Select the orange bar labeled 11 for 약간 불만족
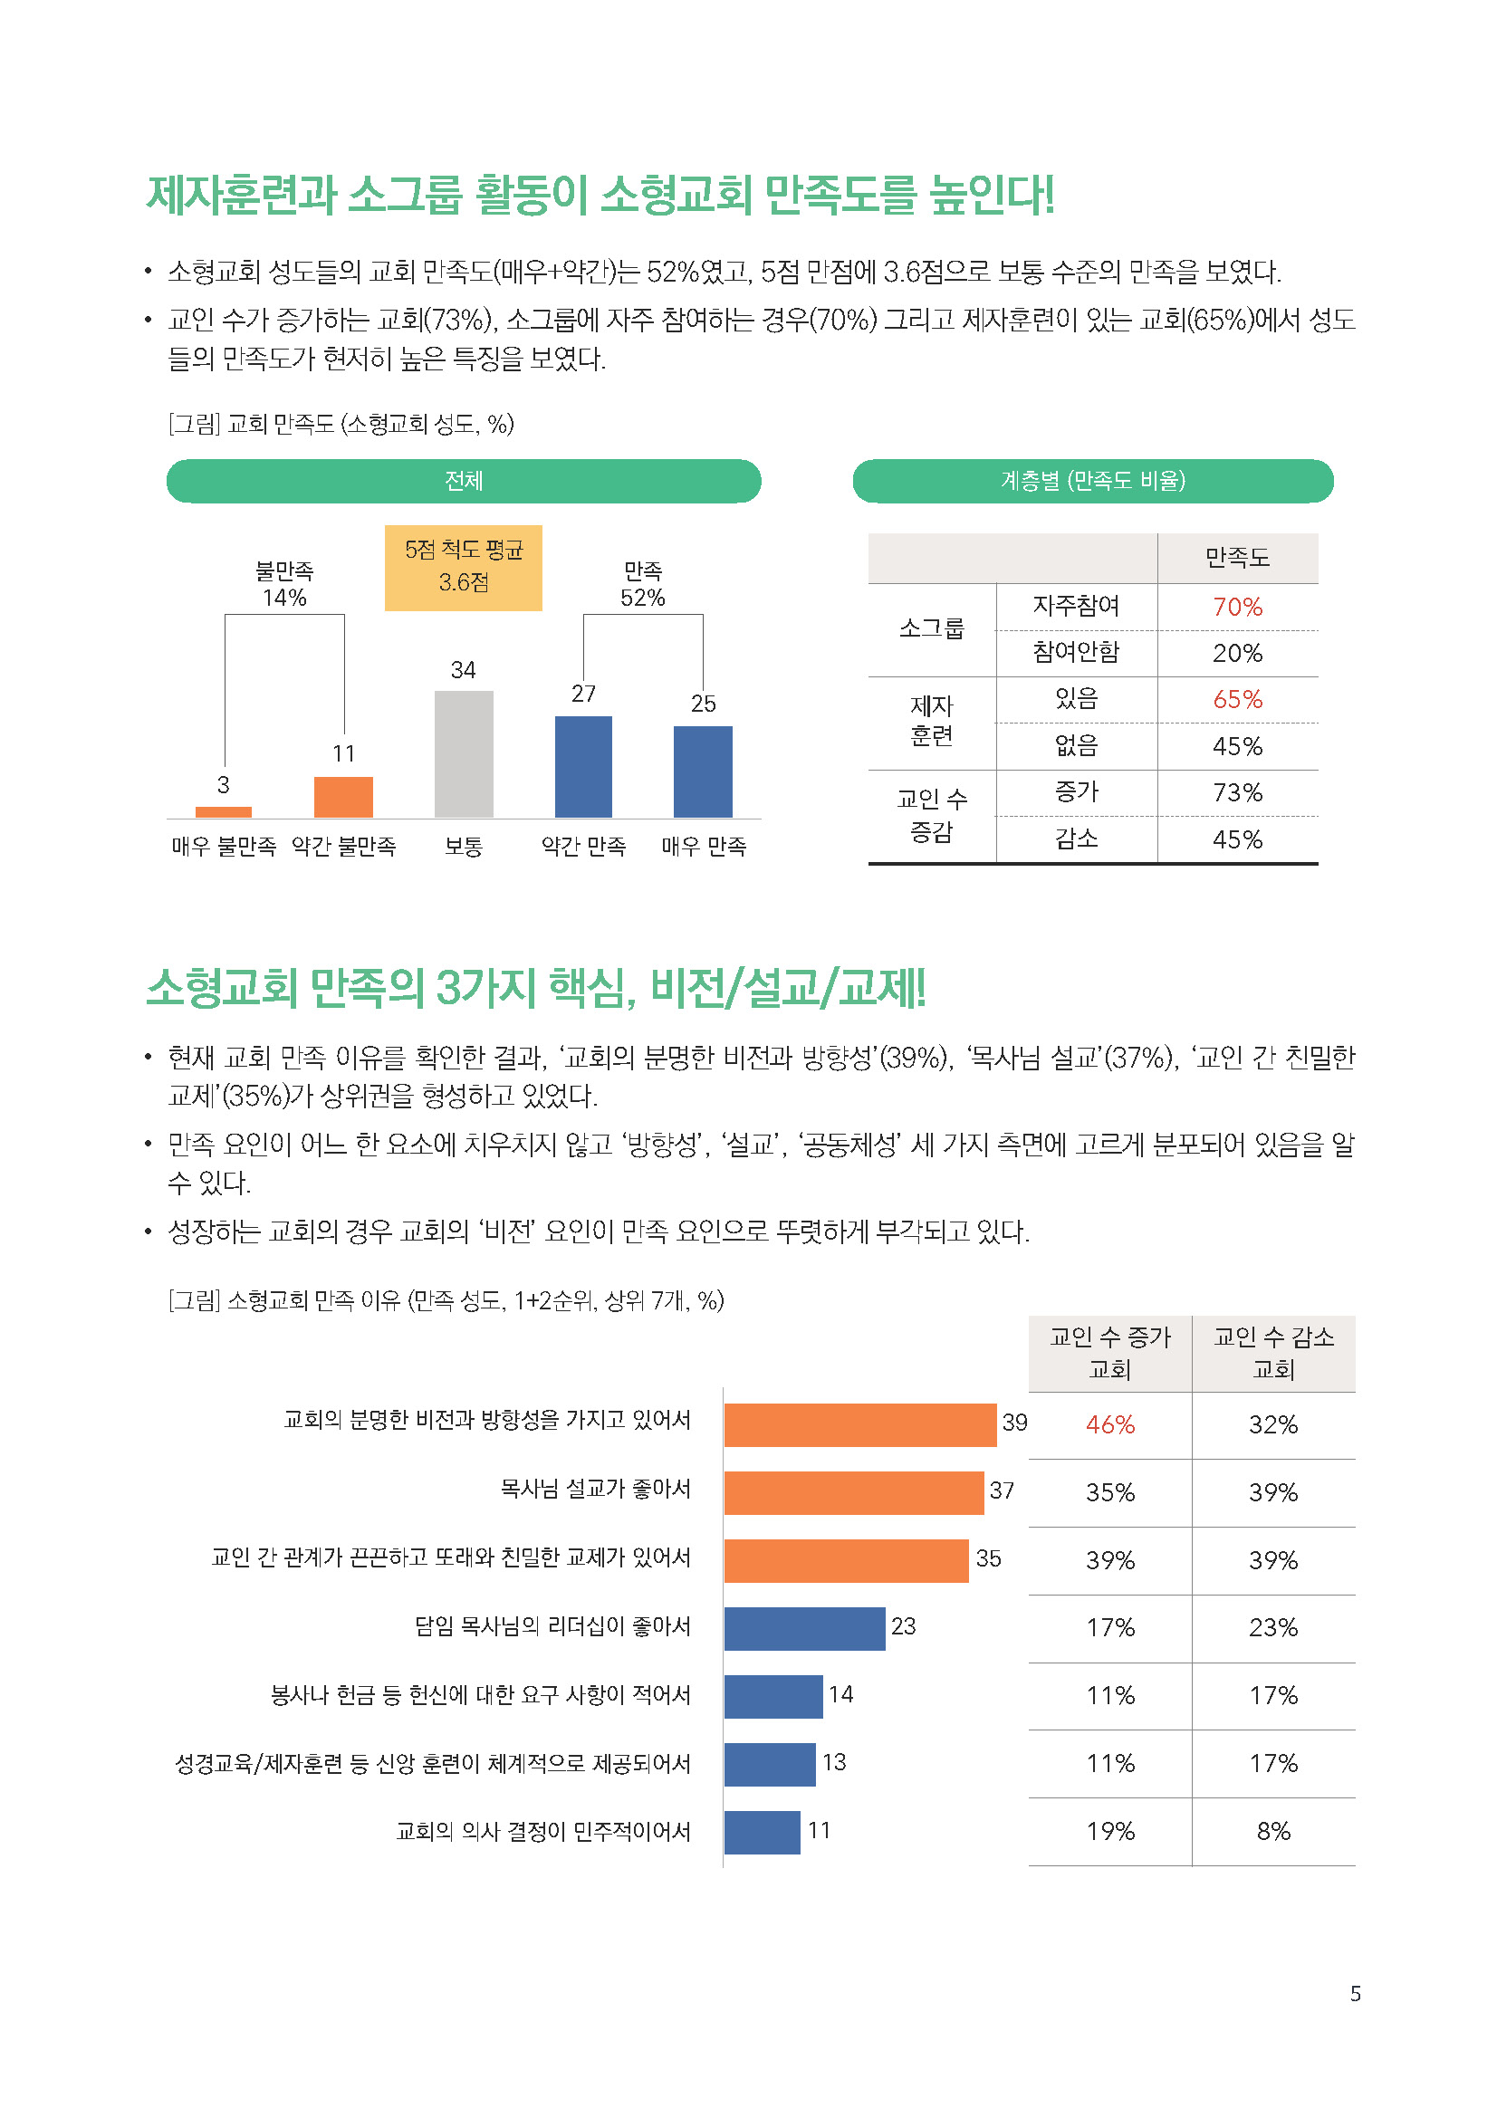tap(343, 796)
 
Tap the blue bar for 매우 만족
tap(703, 771)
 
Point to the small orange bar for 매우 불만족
tap(223, 811)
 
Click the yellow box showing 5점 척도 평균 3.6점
tap(463, 568)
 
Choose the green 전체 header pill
tap(463, 481)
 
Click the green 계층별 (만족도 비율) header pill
tap(1092, 481)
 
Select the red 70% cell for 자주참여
tap(1237, 607)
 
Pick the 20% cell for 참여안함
tap(1237, 653)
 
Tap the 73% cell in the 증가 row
tap(1237, 792)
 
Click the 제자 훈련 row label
tap(932, 722)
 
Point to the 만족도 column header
tap(1237, 558)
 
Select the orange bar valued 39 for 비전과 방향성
tap(859, 1424)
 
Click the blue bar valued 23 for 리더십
tap(804, 1628)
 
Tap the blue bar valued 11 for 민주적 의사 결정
tap(762, 1832)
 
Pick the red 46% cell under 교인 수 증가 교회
tap(1109, 1425)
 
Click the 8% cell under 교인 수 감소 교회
tap(1273, 1832)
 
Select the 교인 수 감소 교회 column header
tap(1273, 1353)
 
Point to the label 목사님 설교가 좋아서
tap(595, 1489)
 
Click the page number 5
tap(1355, 1993)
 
